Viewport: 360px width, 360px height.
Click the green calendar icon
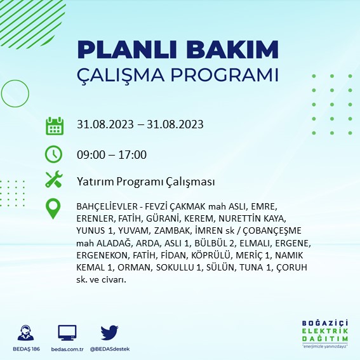(55, 126)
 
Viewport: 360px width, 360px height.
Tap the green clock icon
(53, 154)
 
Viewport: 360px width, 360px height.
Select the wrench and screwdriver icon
(54, 179)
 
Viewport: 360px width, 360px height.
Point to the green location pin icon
(53, 208)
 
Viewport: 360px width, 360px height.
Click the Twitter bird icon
(109, 333)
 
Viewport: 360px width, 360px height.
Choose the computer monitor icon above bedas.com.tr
(67, 333)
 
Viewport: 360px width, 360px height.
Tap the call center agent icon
(25, 333)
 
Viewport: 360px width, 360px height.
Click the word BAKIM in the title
(232, 50)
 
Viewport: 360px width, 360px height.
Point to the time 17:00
(133, 154)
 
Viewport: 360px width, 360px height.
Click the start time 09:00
(91, 154)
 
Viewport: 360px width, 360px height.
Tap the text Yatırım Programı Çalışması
(146, 182)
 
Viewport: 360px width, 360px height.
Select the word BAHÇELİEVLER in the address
(107, 206)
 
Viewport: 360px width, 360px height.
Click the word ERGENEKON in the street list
(102, 255)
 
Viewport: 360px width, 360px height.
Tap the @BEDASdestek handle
(110, 349)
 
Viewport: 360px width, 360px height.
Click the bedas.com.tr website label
(67, 349)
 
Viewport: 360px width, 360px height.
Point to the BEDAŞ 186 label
(27, 349)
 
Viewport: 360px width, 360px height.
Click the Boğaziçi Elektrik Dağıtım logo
(325, 334)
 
